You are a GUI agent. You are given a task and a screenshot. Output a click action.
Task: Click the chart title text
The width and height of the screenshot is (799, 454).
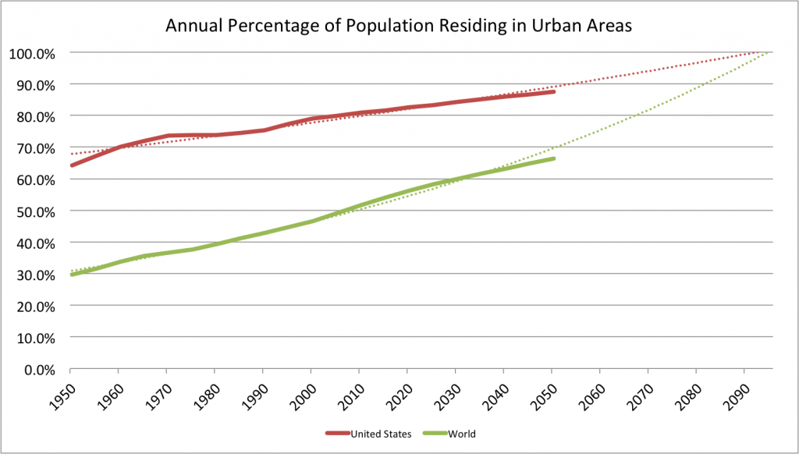[398, 26]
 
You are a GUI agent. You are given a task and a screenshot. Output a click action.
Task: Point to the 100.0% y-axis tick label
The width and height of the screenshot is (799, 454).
[33, 53]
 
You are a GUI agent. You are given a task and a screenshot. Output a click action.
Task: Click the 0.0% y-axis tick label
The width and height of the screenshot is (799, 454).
[38, 370]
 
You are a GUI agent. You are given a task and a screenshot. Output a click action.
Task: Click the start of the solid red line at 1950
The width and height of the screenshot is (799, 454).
[72, 165]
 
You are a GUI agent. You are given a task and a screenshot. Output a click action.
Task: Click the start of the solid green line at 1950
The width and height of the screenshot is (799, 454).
[72, 275]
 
